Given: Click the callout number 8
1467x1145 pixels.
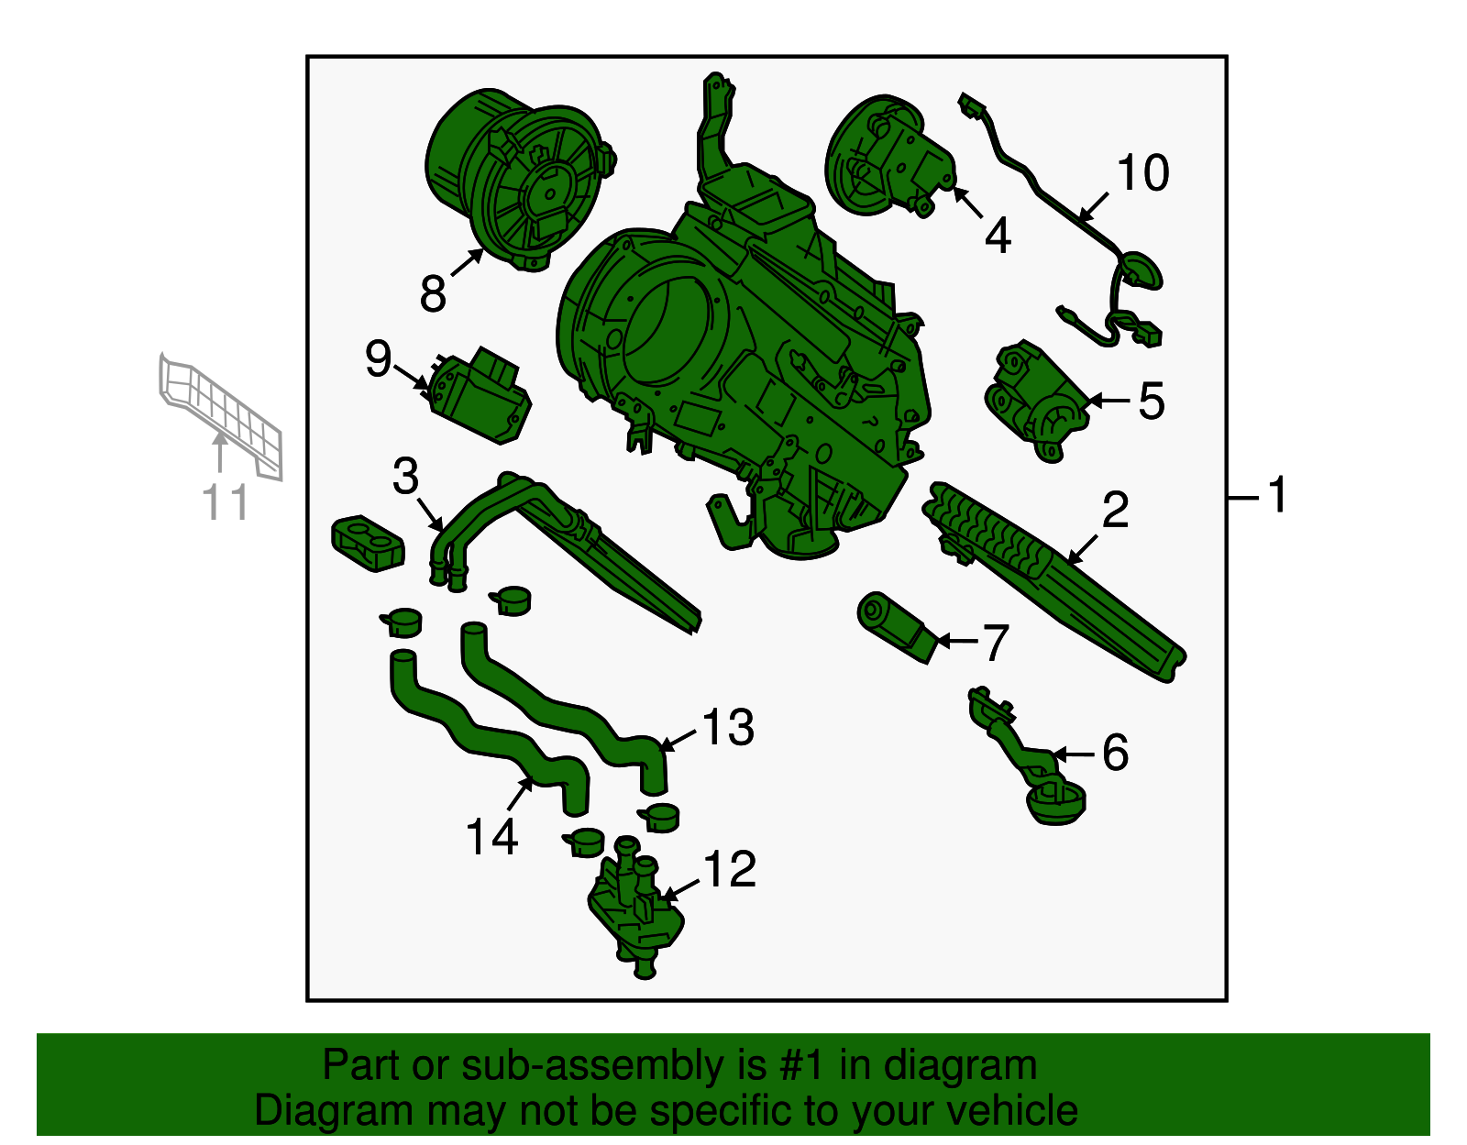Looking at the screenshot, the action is point(433,293).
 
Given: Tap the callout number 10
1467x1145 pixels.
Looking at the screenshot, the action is point(1142,172).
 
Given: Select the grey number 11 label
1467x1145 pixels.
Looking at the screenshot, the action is point(226,501).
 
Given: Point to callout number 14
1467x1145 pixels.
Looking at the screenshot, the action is point(492,837).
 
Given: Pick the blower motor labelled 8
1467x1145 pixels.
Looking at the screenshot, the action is point(520,179).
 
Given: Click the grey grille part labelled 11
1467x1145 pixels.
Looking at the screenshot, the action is point(221,414).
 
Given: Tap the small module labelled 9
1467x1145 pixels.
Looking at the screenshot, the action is point(478,398).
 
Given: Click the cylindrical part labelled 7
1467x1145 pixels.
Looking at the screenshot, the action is point(898,627).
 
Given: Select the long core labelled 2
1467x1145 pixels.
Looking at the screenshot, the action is point(1053,584).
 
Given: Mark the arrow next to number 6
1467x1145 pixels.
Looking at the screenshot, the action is point(1074,754).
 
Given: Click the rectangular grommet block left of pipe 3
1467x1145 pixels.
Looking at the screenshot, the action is point(368,543).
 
